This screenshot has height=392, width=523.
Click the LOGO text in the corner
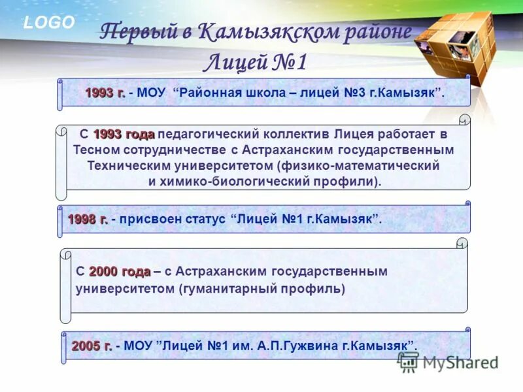click(x=50, y=22)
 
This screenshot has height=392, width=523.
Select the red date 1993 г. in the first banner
click(x=105, y=93)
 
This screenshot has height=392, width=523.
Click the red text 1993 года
click(x=124, y=135)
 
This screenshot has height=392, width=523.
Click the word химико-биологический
click(x=238, y=181)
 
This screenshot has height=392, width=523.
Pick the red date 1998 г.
click(x=87, y=220)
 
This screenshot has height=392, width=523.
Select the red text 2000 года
click(x=120, y=271)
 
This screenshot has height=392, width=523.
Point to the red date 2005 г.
click(x=92, y=344)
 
